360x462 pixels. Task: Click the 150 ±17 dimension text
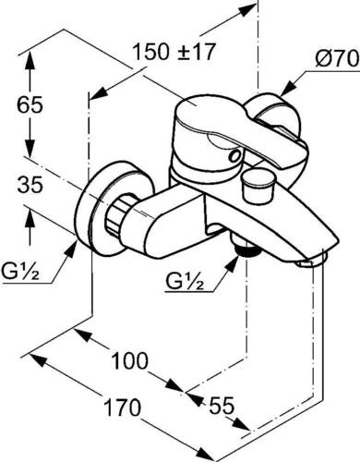tap(173, 52)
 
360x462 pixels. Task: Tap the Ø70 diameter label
tap(337, 58)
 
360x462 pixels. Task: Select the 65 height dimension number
tap(30, 105)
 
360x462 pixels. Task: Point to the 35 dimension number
tap(30, 185)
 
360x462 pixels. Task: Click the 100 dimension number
tap(129, 360)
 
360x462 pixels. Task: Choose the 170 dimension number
tap(122, 407)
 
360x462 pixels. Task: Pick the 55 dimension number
tap(222, 406)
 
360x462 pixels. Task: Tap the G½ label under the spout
tap(185, 281)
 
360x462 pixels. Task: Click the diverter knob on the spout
tap(257, 187)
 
